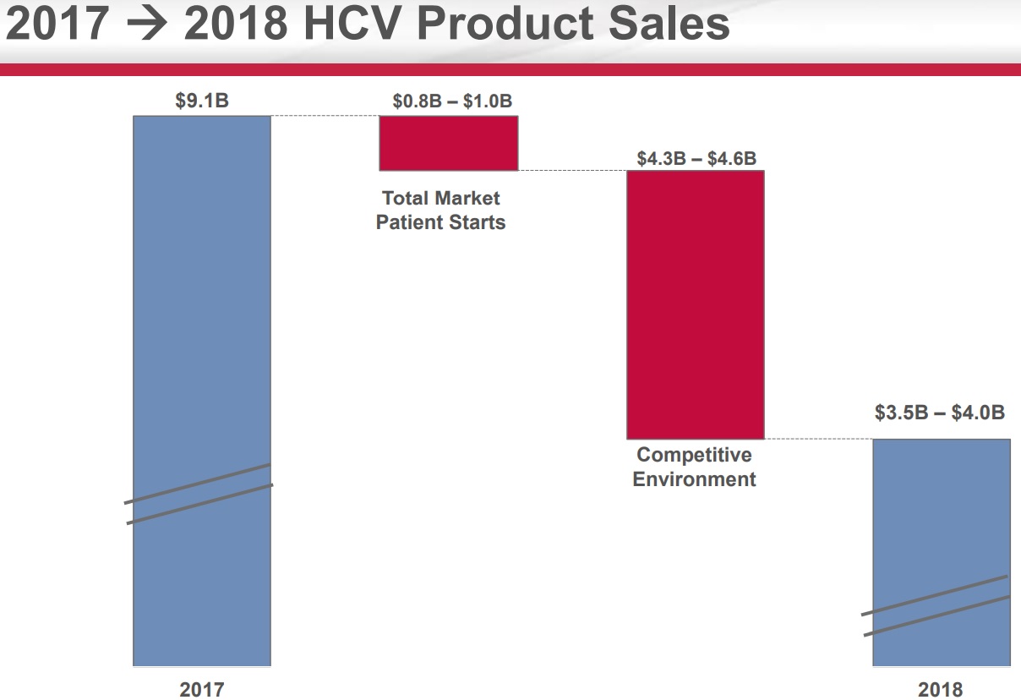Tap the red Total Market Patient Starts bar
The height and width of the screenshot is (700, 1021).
[x=448, y=143]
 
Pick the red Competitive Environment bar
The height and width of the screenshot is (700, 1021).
[x=695, y=304]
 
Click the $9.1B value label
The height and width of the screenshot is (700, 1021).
[x=202, y=101]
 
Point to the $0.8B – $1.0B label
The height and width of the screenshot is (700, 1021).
[x=452, y=101]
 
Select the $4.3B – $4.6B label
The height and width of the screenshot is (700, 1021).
[x=696, y=157]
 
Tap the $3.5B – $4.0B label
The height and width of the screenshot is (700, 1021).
[x=940, y=413]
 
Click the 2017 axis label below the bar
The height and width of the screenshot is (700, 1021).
[x=202, y=689]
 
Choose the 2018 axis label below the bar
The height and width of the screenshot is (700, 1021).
[x=940, y=689]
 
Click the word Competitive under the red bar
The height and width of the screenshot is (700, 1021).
[x=694, y=455]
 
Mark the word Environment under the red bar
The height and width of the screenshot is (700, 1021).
[x=694, y=479]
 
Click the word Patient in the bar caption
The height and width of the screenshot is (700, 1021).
[x=407, y=222]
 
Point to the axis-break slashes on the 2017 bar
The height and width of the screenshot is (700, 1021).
[x=199, y=494]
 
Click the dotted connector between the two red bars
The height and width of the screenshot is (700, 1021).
[x=572, y=171]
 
